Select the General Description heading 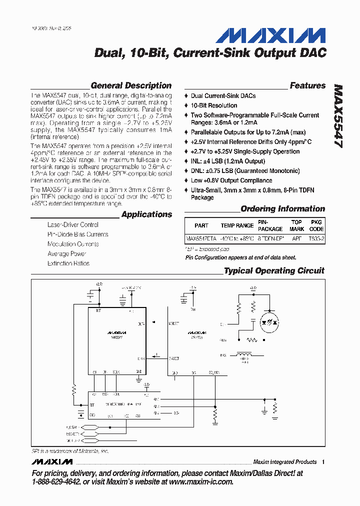point(131,85)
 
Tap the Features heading point(307,85)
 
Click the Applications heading point(146,214)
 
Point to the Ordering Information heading point(282,209)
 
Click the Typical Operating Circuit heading point(274,270)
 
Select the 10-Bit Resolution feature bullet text point(214,105)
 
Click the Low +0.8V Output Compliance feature point(231,180)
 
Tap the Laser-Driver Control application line point(73,225)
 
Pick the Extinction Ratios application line point(68,263)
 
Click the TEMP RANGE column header point(237,225)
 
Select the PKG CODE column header point(316,225)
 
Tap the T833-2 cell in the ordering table point(316,239)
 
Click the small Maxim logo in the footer point(51,461)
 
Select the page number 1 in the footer point(323,461)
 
